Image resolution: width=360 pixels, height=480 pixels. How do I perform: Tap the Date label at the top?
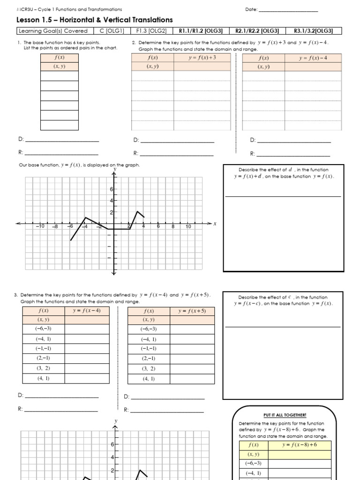pyautogui.click(x=251, y=9)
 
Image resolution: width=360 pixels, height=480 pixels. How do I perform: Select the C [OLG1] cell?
pyautogui.click(x=111, y=31)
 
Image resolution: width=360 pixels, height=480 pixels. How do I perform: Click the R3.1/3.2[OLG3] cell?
pyautogui.click(x=313, y=31)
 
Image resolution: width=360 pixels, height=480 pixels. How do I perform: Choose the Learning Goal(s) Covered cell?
pyautogui.click(x=53, y=31)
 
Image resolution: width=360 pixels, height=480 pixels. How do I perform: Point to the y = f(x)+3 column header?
pyautogui.click(x=202, y=58)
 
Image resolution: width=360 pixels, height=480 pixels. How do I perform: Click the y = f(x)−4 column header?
pyautogui.click(x=313, y=58)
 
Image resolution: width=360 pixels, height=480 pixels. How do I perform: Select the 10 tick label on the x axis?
pyautogui.click(x=188, y=226)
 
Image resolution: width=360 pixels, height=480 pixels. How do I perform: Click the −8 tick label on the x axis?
pyautogui.click(x=55, y=226)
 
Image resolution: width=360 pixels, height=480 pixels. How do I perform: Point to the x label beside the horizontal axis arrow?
pyautogui.click(x=215, y=224)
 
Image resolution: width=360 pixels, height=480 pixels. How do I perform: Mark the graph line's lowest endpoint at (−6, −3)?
pyautogui.click(x=71, y=240)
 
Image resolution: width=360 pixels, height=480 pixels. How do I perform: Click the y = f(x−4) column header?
pyautogui.click(x=87, y=310)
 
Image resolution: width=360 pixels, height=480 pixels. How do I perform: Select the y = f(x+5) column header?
pyautogui.click(x=192, y=311)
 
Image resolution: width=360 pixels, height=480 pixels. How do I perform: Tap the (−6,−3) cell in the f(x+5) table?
pyautogui.click(x=149, y=329)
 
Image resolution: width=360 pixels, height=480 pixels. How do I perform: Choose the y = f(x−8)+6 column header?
pyautogui.click(x=300, y=444)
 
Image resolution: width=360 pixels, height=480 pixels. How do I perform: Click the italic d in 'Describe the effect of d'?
pyautogui.click(x=290, y=170)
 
